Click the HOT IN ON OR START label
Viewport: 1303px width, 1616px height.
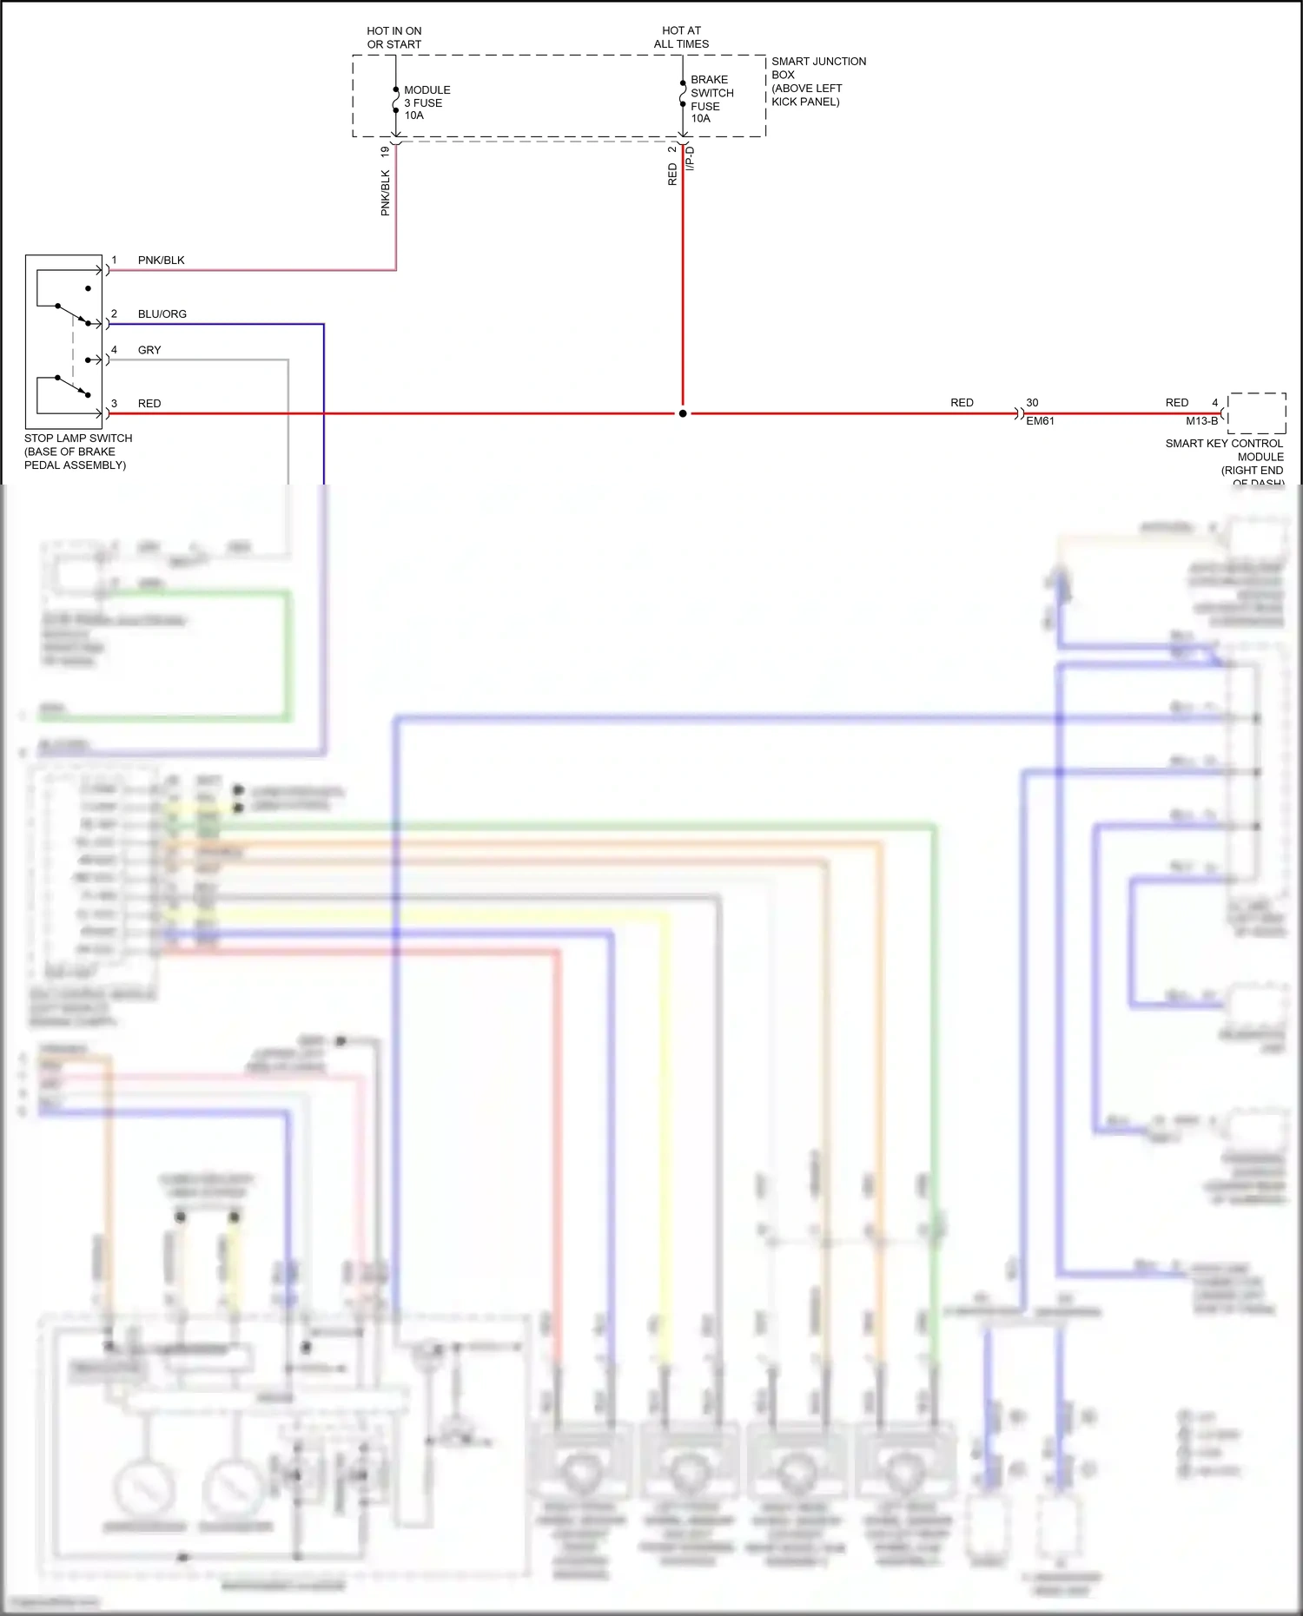coord(394,37)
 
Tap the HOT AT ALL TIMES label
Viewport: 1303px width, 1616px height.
coord(681,37)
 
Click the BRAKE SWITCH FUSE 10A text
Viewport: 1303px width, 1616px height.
coord(711,99)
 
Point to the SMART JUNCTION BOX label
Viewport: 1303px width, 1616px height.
coord(817,81)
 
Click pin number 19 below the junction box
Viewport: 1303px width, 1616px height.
coord(385,151)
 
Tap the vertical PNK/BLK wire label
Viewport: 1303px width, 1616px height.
coord(385,193)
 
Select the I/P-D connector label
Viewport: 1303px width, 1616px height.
coord(691,158)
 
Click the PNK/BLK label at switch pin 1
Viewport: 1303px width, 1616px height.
coord(161,261)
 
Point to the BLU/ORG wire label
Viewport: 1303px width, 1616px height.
coord(162,314)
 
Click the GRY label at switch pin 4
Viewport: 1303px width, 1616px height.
coord(149,350)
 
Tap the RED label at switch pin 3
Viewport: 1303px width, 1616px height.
coord(149,404)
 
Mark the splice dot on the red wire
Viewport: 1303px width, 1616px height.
coord(683,413)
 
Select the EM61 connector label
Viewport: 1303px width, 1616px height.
coord(1040,421)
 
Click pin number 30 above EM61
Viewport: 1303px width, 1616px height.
coord(1032,403)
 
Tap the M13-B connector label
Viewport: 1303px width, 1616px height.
coord(1201,421)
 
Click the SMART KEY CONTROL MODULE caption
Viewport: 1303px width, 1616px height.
coord(1225,457)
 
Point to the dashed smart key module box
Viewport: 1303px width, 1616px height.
coord(1257,413)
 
